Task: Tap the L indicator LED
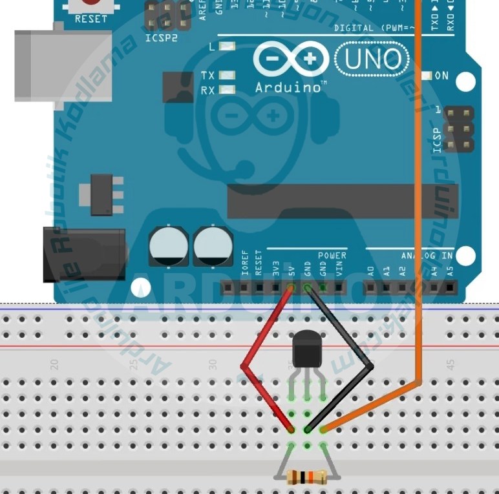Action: click(226, 47)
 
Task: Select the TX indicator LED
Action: click(226, 76)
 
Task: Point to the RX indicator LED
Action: click(226, 90)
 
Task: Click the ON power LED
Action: click(426, 76)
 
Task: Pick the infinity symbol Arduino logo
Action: click(290, 60)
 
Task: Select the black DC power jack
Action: click(83, 254)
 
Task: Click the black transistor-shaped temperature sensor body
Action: click(306, 350)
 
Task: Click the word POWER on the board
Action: click(332, 255)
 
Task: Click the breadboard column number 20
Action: click(55, 365)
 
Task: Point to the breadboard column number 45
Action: click(451, 365)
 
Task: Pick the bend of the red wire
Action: click(244, 366)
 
